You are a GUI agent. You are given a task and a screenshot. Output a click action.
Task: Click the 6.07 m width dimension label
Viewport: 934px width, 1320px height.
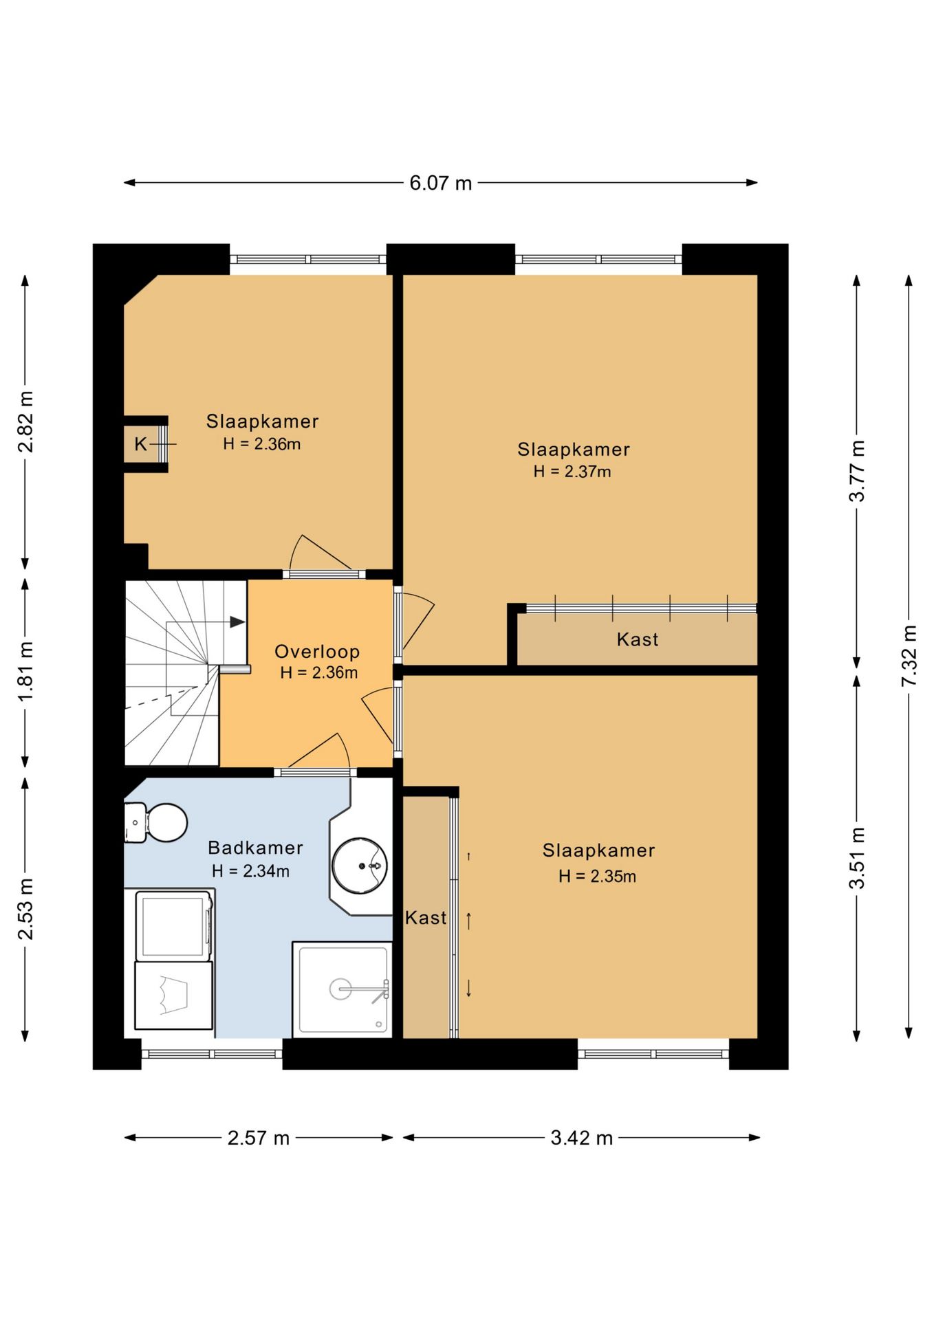[441, 183]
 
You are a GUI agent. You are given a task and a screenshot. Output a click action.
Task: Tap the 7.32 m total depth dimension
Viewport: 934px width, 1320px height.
[909, 655]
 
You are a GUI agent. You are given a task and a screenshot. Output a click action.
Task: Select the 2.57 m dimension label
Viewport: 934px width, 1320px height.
[259, 1138]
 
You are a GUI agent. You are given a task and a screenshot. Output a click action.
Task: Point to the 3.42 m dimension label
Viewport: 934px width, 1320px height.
[582, 1138]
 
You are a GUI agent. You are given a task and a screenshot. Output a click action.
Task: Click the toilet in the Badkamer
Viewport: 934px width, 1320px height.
[156, 822]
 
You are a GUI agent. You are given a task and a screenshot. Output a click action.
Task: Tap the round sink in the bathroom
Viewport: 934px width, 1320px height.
[360, 865]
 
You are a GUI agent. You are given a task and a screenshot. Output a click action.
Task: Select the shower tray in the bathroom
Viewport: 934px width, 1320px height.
[343, 989]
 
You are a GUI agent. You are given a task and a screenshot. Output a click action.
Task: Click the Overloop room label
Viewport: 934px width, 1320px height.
[317, 652]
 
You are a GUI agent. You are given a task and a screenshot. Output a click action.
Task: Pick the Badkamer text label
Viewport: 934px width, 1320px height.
[255, 848]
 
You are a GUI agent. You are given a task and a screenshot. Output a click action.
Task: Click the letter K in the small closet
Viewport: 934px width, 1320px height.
[140, 444]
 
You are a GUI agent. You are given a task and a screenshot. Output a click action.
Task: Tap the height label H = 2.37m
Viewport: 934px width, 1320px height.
[572, 472]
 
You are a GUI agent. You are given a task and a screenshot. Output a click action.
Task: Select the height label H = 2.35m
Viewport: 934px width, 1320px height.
[597, 877]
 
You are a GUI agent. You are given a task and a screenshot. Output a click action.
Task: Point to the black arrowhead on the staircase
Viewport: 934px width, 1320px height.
[237, 622]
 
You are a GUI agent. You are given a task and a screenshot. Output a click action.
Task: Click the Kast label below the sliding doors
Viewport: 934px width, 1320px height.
[638, 640]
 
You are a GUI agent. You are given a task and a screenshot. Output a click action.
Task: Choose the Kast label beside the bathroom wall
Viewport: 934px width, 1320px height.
[426, 918]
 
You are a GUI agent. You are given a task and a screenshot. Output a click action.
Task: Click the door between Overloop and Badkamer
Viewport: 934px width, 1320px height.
[316, 772]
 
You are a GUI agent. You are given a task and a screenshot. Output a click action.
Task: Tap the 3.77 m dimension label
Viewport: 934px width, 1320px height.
[857, 471]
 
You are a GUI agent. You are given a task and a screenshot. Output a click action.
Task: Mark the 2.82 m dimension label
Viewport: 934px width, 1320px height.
[25, 422]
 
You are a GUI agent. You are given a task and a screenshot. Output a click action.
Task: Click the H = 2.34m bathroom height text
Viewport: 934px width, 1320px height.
[250, 871]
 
